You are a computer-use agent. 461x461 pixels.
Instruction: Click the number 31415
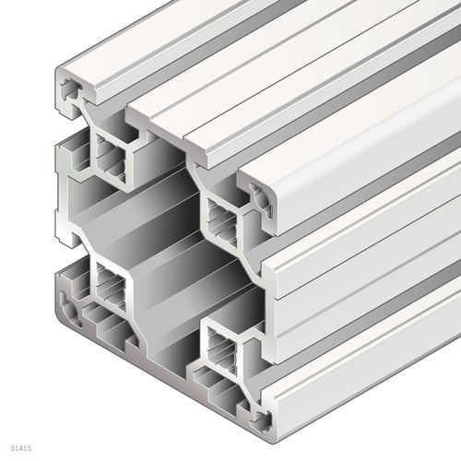click(x=18, y=449)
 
